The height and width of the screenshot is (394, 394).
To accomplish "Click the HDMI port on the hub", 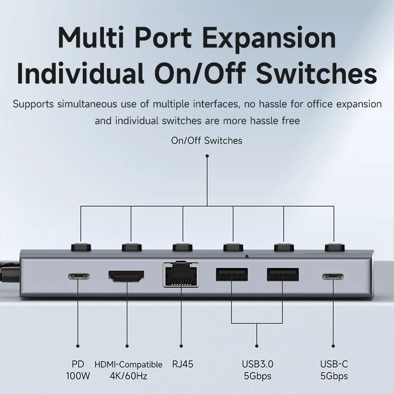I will point(127,276).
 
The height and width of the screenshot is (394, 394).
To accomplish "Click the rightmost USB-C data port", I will point(333,276).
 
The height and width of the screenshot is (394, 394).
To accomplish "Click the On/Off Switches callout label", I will point(207,140).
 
